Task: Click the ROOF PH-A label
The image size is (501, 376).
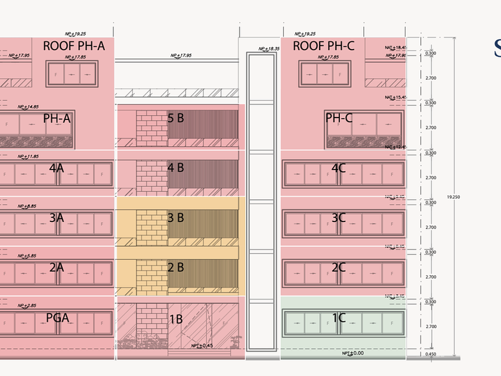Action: [73, 45]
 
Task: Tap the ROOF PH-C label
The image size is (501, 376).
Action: [324, 45]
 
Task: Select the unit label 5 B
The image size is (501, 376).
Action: [175, 118]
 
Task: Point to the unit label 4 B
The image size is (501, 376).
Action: [175, 168]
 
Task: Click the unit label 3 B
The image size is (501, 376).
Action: [175, 218]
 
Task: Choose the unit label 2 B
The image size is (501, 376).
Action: [175, 267]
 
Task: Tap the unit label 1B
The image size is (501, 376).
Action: [175, 319]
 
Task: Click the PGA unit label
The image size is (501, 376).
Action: [58, 318]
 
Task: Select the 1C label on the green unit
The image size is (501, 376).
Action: [338, 318]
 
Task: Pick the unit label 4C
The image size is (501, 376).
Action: [338, 168]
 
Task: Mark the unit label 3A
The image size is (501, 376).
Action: [56, 218]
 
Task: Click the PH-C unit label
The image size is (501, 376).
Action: [339, 118]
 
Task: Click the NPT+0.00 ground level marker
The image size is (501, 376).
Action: [352, 353]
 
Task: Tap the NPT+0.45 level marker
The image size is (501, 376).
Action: [203, 346]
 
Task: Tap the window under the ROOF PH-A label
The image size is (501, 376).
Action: [71, 74]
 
